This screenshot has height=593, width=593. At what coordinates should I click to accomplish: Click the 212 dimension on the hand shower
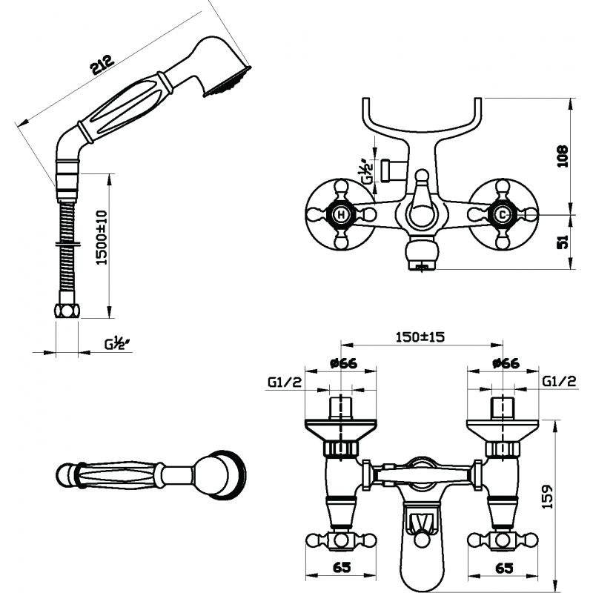pos(102,64)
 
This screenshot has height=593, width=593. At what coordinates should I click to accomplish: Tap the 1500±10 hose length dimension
pos(102,237)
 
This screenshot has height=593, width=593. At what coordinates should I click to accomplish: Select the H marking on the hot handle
pos(341,215)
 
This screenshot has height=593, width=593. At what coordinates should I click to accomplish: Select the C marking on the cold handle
pos(502,215)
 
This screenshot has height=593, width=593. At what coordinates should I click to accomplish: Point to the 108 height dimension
pos(563,156)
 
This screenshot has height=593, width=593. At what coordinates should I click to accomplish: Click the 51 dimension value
pos(563,242)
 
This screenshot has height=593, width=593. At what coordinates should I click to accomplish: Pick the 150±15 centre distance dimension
pos(420,337)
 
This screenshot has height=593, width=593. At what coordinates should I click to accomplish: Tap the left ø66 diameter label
pos(343,363)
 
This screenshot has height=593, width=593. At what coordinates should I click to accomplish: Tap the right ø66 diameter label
pos(506,363)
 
